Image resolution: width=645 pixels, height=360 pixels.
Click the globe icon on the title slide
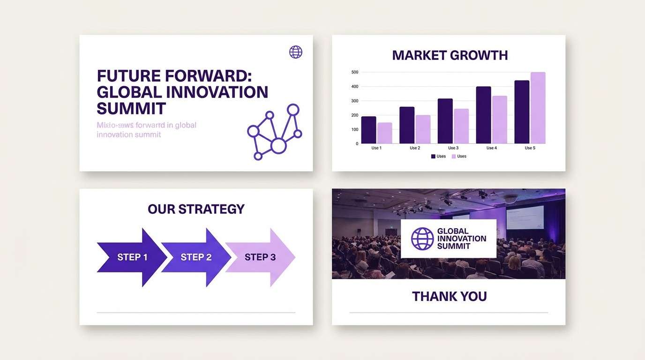click(x=296, y=52)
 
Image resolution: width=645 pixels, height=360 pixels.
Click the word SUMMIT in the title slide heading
click(x=131, y=108)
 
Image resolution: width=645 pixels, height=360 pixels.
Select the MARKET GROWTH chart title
click(x=450, y=55)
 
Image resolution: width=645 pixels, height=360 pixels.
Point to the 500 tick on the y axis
click(x=354, y=72)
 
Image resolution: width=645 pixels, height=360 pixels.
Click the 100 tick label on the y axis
click(x=354, y=129)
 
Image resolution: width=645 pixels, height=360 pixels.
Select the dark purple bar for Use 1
click(x=369, y=130)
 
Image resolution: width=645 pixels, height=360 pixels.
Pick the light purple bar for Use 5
click(x=538, y=108)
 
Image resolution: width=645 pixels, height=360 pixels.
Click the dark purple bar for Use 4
click(x=483, y=115)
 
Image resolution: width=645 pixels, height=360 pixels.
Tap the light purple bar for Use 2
click(x=423, y=129)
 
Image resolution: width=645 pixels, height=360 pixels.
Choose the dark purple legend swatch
click(x=433, y=157)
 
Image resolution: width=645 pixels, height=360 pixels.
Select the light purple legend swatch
click(x=454, y=157)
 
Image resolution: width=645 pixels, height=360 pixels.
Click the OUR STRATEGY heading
click(x=196, y=209)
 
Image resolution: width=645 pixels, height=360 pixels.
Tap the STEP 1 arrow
click(x=132, y=257)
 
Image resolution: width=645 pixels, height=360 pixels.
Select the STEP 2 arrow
click(x=196, y=257)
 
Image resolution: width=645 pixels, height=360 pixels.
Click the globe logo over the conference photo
click(x=422, y=239)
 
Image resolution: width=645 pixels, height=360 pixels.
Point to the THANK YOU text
click(x=449, y=296)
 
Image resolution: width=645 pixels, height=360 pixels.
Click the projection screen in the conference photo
click(x=525, y=217)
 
